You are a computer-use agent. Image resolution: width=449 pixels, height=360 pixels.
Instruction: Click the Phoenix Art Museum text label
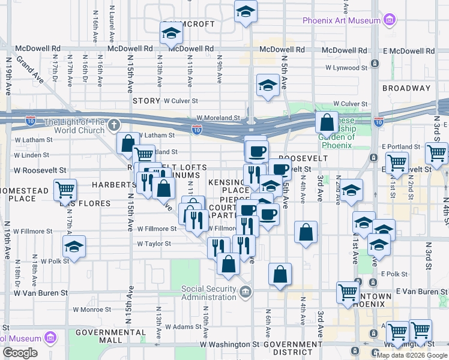[342, 20]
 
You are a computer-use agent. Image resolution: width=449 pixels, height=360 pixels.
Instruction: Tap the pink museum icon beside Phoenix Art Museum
[390, 20]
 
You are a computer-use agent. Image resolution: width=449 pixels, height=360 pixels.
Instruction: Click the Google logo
[20, 353]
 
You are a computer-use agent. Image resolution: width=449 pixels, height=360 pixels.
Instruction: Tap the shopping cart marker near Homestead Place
[65, 190]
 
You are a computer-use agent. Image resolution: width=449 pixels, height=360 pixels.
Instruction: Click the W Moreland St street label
[218, 118]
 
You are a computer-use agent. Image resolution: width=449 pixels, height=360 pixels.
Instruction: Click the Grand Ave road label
[29, 69]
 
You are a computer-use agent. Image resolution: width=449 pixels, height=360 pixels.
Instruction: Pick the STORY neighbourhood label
[146, 101]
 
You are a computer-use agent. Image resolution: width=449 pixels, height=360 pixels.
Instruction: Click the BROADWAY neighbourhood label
[406, 88]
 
